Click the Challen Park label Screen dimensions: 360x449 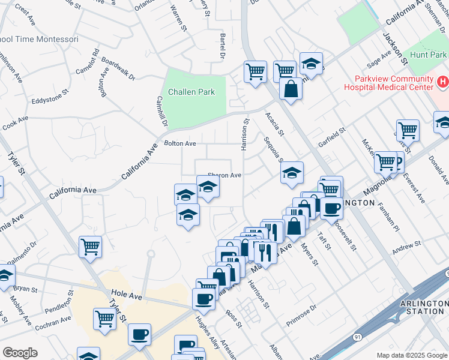[x=191, y=92]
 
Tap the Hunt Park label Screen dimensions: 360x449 [x=426, y=55]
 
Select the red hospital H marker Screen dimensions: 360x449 [x=443, y=81]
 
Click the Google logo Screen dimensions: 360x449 [x=20, y=353]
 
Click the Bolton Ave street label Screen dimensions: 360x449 [x=180, y=144]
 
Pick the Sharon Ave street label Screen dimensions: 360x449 [x=224, y=176]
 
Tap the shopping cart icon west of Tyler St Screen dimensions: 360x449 [x=90, y=245]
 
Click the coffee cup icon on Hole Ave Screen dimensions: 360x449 [x=204, y=298]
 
